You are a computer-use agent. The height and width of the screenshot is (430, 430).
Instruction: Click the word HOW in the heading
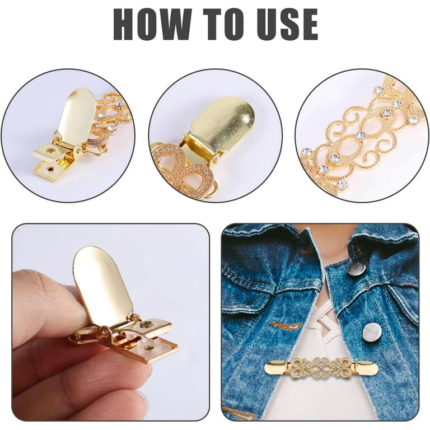pos(152,25)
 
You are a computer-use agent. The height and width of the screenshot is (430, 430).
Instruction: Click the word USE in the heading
pos(287,25)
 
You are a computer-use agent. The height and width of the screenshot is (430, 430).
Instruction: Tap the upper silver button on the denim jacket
pos(357,269)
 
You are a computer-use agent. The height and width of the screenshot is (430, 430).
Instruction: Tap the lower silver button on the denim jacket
pos(372,333)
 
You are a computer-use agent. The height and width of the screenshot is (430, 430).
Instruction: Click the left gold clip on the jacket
pos(278,367)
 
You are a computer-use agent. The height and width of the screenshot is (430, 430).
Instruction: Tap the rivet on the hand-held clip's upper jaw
pos(144,324)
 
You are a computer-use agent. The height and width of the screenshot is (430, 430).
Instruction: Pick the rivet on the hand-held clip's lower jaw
pos(149,348)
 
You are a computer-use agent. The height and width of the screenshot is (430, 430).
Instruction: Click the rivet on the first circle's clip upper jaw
pos(51,150)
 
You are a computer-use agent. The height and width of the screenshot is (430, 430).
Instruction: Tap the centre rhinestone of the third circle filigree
pos(361,135)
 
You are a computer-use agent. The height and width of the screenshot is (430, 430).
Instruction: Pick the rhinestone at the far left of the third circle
pos(306,152)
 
